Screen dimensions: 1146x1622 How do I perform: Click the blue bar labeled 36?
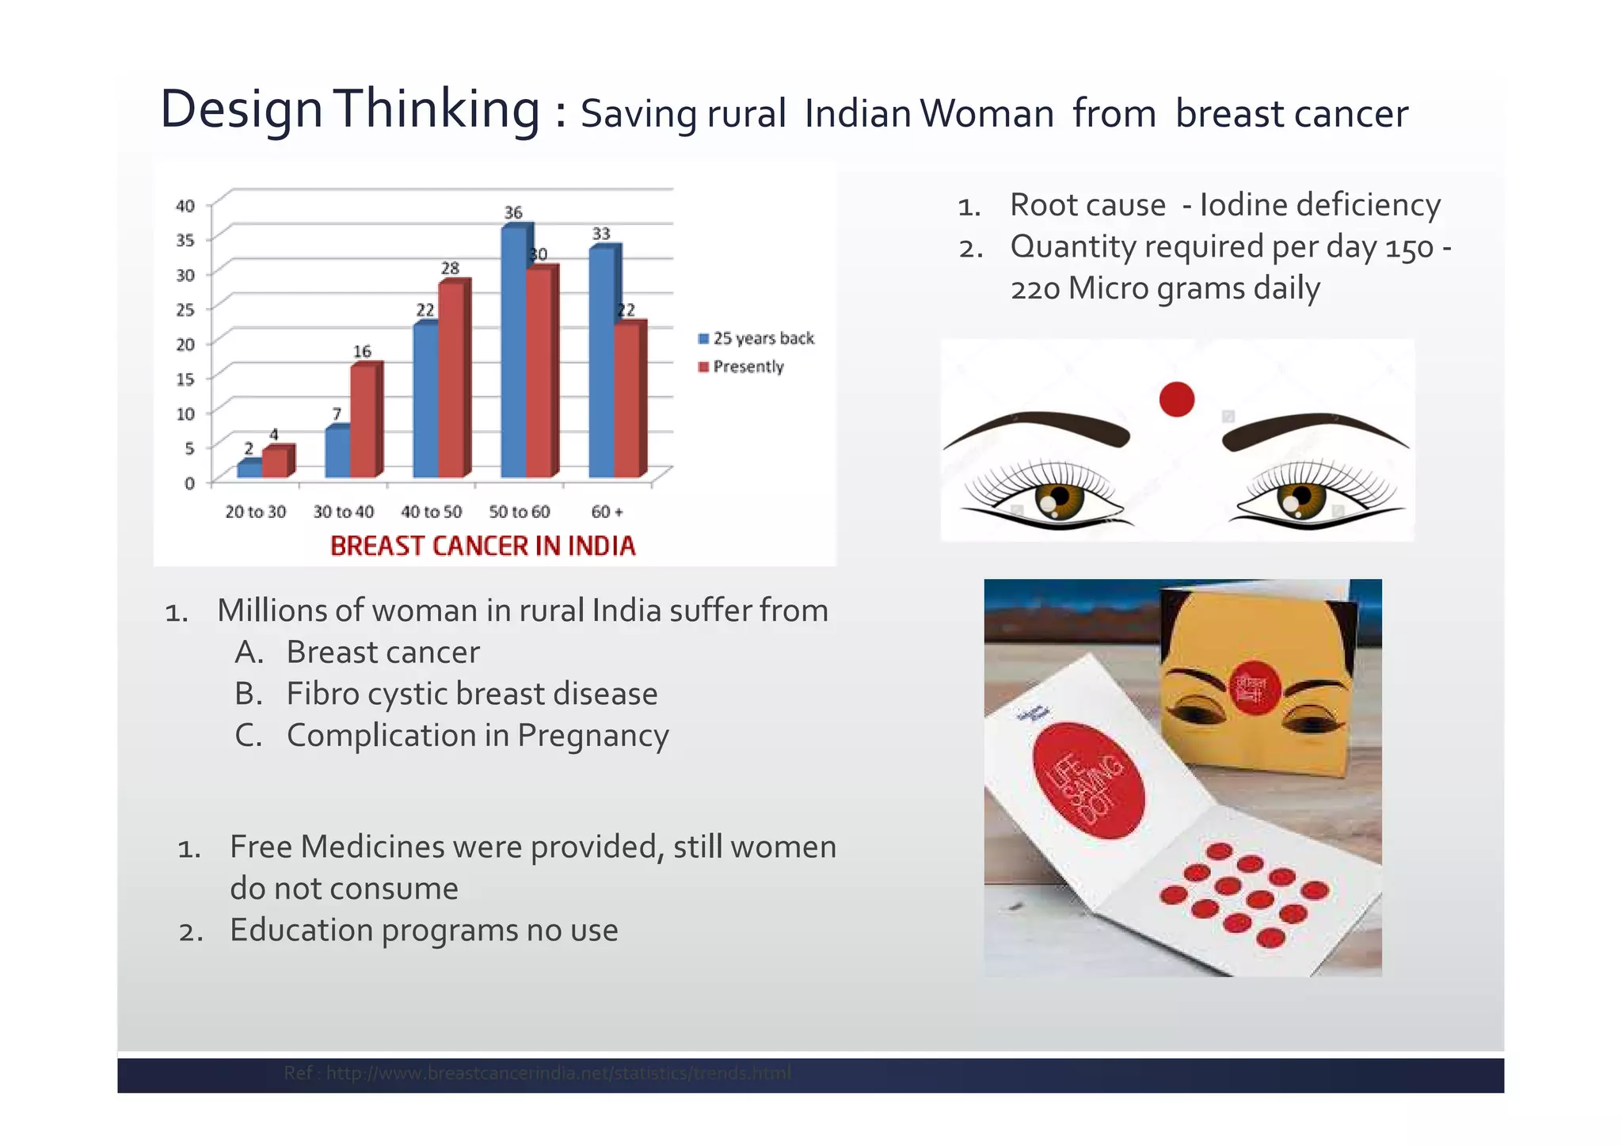[514, 352]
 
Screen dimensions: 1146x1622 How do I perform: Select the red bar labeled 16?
[364, 421]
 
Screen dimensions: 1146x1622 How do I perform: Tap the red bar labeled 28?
[452, 379]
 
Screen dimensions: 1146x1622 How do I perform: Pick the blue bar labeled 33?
[602, 363]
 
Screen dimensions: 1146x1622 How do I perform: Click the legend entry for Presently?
[747, 367]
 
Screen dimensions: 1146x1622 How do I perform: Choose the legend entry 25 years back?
[762, 338]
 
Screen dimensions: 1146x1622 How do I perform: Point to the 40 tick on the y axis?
[185, 206]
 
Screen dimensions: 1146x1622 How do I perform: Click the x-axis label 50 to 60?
[519, 512]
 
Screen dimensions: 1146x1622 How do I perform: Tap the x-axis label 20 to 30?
[255, 512]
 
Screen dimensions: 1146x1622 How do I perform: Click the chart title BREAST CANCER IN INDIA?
[482, 546]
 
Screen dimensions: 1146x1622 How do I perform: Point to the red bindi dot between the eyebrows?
[1176, 399]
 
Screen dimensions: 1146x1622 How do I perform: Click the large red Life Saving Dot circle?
[1089, 780]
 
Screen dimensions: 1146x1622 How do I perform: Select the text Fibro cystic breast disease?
[471, 694]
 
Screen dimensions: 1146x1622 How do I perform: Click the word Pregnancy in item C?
[592, 736]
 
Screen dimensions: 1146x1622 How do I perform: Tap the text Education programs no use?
[424, 930]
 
